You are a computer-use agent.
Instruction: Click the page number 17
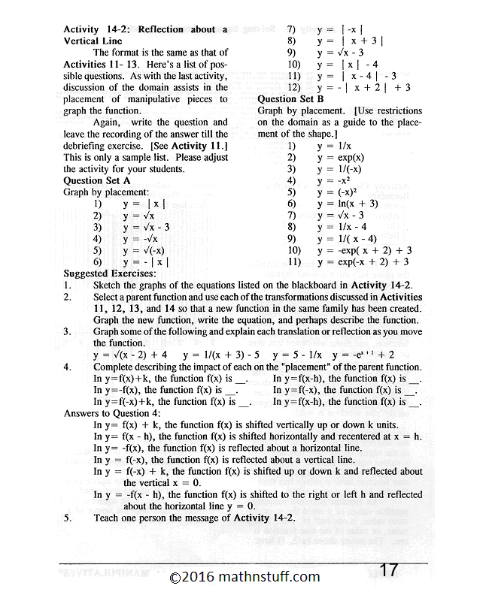pos(388,569)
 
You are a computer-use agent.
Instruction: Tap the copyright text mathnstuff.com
pos(244,577)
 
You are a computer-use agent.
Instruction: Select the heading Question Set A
pos(97,180)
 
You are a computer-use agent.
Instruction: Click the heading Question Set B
pos(290,98)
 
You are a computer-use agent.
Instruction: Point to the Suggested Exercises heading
pos(110,273)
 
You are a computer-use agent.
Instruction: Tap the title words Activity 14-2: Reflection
pos(123,29)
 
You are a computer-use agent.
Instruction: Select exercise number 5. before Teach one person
pos(68,518)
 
